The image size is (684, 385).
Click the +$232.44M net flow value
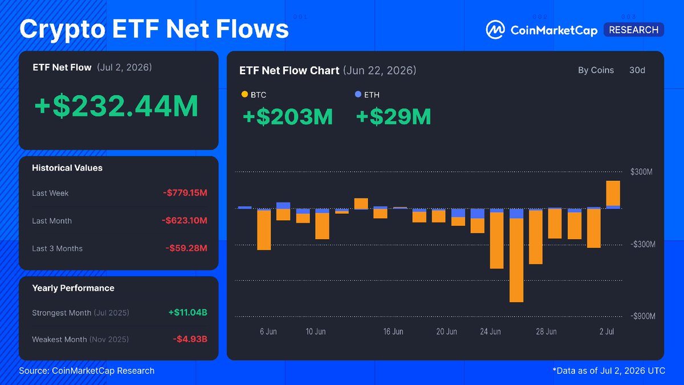tap(117, 106)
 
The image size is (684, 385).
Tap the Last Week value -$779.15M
tap(185, 193)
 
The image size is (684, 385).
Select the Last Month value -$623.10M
tap(185, 220)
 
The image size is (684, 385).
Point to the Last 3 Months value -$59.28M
tap(186, 248)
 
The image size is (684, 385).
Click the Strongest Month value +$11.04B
tap(188, 313)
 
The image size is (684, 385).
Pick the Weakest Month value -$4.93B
tap(190, 339)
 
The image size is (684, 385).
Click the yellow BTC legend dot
tap(245, 95)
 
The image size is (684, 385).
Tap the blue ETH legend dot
tap(358, 95)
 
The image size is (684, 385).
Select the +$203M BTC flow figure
tap(288, 117)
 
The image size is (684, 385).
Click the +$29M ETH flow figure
tap(394, 117)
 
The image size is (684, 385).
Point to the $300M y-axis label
tap(642, 172)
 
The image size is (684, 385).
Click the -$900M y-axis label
tap(643, 316)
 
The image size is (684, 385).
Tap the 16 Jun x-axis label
tap(393, 331)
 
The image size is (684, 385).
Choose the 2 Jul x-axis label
tap(606, 331)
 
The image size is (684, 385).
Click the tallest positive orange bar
tap(613, 193)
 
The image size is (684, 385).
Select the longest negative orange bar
tap(516, 260)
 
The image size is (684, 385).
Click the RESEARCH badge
tap(634, 30)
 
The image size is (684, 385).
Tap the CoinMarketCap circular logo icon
tap(495, 30)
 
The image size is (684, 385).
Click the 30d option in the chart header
tap(637, 70)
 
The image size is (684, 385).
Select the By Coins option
tap(596, 70)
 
